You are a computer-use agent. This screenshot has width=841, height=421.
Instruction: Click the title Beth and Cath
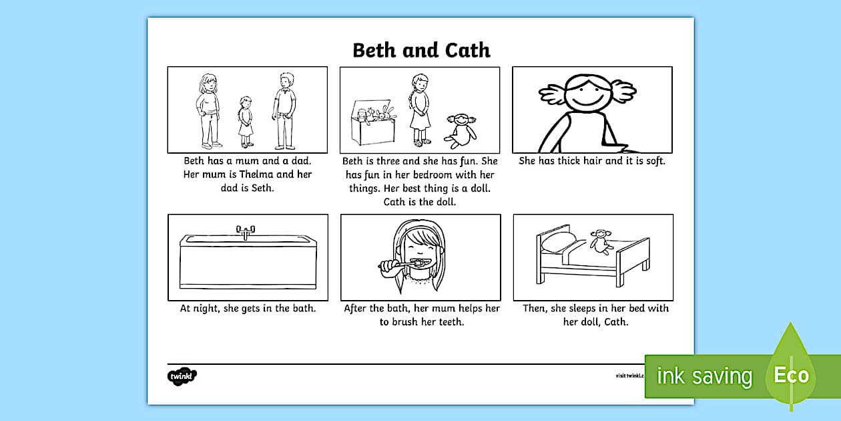click(x=420, y=50)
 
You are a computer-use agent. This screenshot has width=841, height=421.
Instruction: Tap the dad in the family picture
click(x=284, y=110)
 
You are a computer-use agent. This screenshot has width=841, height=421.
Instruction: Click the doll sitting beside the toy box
click(x=461, y=130)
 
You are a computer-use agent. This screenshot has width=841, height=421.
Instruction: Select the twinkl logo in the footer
click(x=182, y=376)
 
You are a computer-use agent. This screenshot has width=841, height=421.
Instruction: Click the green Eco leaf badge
click(x=792, y=374)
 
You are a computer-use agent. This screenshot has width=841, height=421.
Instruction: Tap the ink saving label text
click(x=704, y=376)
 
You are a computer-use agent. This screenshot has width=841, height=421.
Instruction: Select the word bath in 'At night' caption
click(x=302, y=308)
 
